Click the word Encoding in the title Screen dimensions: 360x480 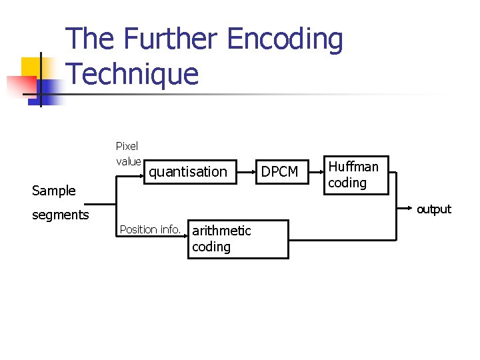pos(285,39)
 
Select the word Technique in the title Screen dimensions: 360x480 pos(133,73)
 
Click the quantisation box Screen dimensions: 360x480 pos(189,172)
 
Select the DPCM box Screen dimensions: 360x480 pos(279,172)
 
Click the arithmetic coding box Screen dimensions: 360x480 pos(238,239)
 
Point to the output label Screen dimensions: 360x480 pos(434,209)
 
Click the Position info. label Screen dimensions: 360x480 pos(150,230)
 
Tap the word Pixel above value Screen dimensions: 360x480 pos(127,147)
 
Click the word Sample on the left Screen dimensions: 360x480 pos(54,191)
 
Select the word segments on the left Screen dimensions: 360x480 pos(61,215)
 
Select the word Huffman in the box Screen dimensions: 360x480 pos(353,167)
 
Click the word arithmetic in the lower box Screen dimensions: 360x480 pos(221,231)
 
